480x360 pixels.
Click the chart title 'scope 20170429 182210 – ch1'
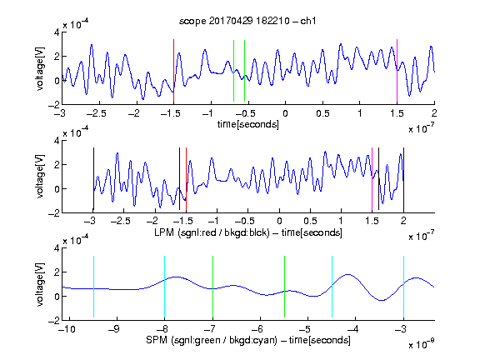click(x=247, y=21)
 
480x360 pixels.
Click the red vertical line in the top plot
click(x=173, y=70)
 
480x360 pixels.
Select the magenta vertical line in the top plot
click(x=397, y=70)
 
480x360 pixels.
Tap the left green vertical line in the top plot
click(x=233, y=71)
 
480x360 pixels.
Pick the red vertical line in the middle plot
click(x=186, y=180)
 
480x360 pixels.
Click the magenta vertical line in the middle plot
click(x=372, y=179)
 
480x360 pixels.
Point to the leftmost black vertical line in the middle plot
click(x=93, y=179)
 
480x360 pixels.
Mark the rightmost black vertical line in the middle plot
click(x=403, y=180)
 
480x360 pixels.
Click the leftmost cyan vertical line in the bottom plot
click(x=93, y=287)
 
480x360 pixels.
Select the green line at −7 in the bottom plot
click(x=212, y=287)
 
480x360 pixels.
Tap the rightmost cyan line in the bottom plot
click(x=403, y=287)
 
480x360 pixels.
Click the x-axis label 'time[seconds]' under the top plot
click(x=248, y=124)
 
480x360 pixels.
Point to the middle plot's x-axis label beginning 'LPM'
click(x=248, y=232)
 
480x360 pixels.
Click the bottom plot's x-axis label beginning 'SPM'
click(x=248, y=340)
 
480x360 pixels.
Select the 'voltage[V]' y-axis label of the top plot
click(x=40, y=68)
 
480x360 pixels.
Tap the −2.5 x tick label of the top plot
click(x=96, y=113)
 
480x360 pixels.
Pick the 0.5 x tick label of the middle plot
click(x=310, y=221)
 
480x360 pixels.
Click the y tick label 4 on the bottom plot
click(x=57, y=248)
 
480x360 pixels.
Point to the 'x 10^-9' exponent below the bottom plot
click(x=421, y=343)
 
